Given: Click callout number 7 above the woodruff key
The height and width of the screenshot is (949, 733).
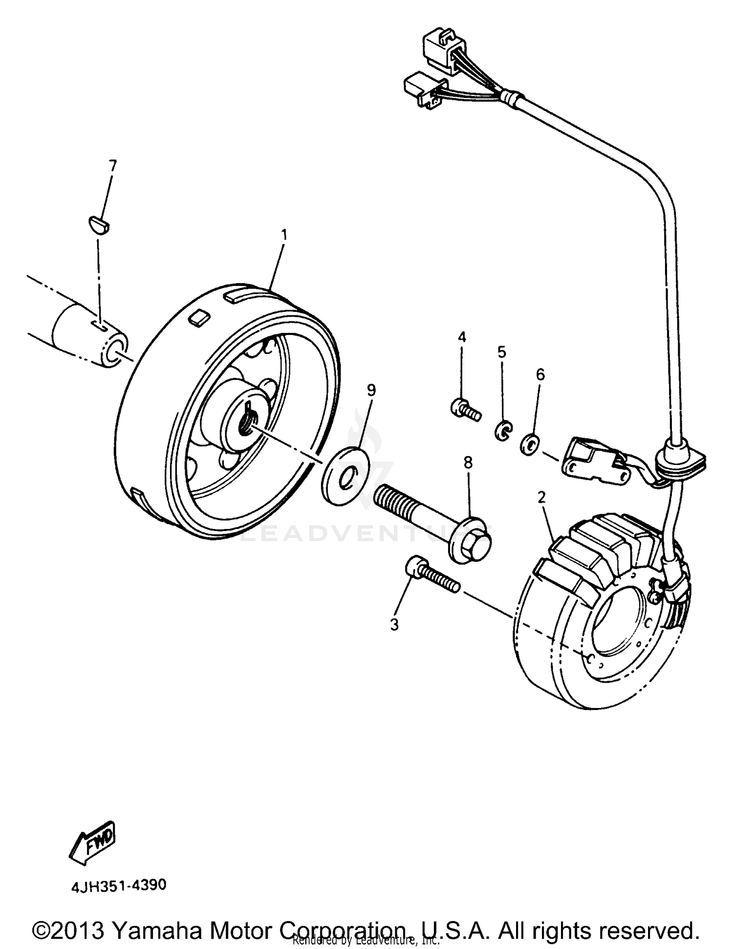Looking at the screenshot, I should pyautogui.click(x=113, y=166).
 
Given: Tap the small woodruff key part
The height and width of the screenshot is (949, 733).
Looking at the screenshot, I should pyautogui.click(x=99, y=225).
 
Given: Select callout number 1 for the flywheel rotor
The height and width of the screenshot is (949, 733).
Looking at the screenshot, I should pyautogui.click(x=283, y=235).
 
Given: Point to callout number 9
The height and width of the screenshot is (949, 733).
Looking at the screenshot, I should pyautogui.click(x=371, y=390).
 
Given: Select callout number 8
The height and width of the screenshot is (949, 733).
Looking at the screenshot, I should pyautogui.click(x=468, y=463).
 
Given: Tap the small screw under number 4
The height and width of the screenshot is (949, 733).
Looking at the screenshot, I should pyautogui.click(x=465, y=410).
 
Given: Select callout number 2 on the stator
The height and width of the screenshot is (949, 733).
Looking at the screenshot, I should pyautogui.click(x=541, y=497).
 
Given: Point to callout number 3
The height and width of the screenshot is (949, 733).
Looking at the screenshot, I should pyautogui.click(x=394, y=624).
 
